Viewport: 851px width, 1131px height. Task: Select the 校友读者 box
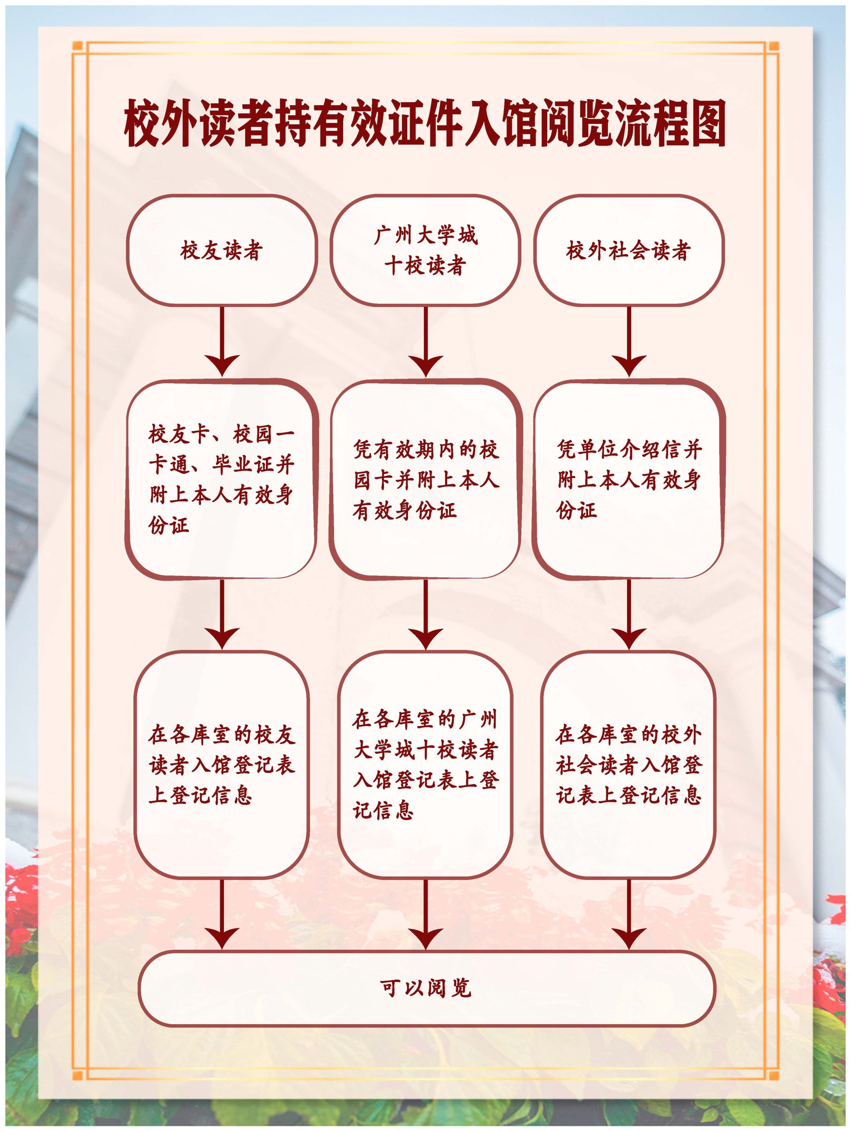tap(221, 251)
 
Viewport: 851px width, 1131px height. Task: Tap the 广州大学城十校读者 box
tap(425, 251)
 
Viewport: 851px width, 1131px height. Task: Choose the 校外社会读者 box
tap(628, 251)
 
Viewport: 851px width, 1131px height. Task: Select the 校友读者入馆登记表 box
tap(221, 764)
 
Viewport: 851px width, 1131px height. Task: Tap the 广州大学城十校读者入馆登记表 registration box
tap(425, 764)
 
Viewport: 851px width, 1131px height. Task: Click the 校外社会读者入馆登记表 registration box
tap(628, 764)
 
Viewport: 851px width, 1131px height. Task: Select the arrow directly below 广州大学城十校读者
tap(425, 343)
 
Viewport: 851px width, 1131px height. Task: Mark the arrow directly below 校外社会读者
tap(629, 343)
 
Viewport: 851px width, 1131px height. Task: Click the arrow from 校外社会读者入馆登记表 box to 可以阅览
tap(629, 915)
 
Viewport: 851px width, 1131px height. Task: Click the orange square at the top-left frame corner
tap(78, 47)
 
